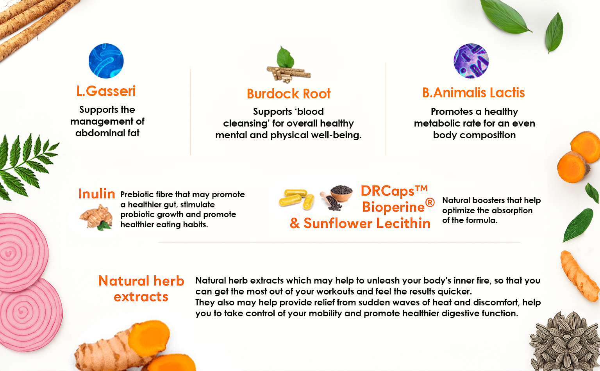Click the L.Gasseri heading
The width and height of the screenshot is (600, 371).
pyautogui.click(x=106, y=91)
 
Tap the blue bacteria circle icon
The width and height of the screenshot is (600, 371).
pyautogui.click(x=106, y=61)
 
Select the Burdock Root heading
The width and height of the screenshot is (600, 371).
pyautogui.click(x=289, y=94)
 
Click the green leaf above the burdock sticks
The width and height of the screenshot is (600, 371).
pyautogui.click(x=285, y=57)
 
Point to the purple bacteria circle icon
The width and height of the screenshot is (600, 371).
pyautogui.click(x=471, y=61)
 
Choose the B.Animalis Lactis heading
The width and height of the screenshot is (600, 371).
pyautogui.click(x=473, y=93)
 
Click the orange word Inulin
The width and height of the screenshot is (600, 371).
pyautogui.click(x=97, y=194)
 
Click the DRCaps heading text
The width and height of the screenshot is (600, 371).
pyautogui.click(x=394, y=191)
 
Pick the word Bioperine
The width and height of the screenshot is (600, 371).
pyautogui.click(x=393, y=207)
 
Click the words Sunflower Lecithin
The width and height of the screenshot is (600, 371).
pyautogui.click(x=367, y=223)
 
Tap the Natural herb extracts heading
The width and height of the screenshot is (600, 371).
pyautogui.click(x=141, y=289)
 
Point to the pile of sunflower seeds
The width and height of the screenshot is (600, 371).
pyautogui.click(x=565, y=342)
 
